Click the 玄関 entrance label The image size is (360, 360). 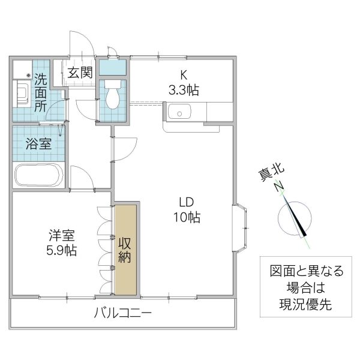click(x=79, y=73)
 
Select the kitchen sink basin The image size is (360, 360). click(x=178, y=112)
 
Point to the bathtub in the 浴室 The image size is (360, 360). click(x=38, y=175)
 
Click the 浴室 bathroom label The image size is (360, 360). click(x=38, y=144)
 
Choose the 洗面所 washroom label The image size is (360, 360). click(x=40, y=92)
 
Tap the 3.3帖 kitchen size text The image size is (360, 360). click(x=183, y=90)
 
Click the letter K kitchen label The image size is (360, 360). click(x=183, y=76)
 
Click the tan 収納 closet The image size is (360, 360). click(x=126, y=249)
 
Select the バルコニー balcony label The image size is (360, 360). click(x=122, y=313)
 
